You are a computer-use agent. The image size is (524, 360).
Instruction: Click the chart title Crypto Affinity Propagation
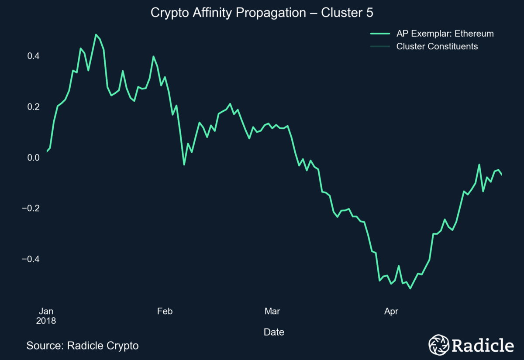(262, 13)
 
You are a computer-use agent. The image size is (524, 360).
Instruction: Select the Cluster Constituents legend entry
(437, 46)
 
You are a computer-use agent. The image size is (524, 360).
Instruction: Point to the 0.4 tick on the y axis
(33, 56)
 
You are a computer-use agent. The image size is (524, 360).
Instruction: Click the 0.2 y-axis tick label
(33, 107)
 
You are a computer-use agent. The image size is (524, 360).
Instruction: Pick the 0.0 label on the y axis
(33, 158)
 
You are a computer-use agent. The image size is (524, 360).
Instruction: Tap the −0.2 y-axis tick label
(31, 208)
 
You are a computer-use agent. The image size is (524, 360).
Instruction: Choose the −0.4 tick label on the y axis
(31, 259)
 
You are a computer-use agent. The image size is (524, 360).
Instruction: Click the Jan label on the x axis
(46, 311)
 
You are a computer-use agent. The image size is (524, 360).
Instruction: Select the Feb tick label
(165, 311)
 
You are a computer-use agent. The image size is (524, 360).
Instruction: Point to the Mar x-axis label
(272, 311)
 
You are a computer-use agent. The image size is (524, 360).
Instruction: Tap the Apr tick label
(391, 311)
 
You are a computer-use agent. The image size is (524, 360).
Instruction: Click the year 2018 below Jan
(46, 321)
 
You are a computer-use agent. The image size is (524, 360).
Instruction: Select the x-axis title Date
(274, 332)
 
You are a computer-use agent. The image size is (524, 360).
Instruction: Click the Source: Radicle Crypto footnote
(83, 346)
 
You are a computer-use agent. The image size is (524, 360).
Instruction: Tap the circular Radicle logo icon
(438, 345)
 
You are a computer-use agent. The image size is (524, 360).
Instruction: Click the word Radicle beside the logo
(483, 345)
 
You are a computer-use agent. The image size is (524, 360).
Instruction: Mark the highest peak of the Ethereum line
(96, 34)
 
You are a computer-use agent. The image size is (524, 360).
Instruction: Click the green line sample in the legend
(380, 34)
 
